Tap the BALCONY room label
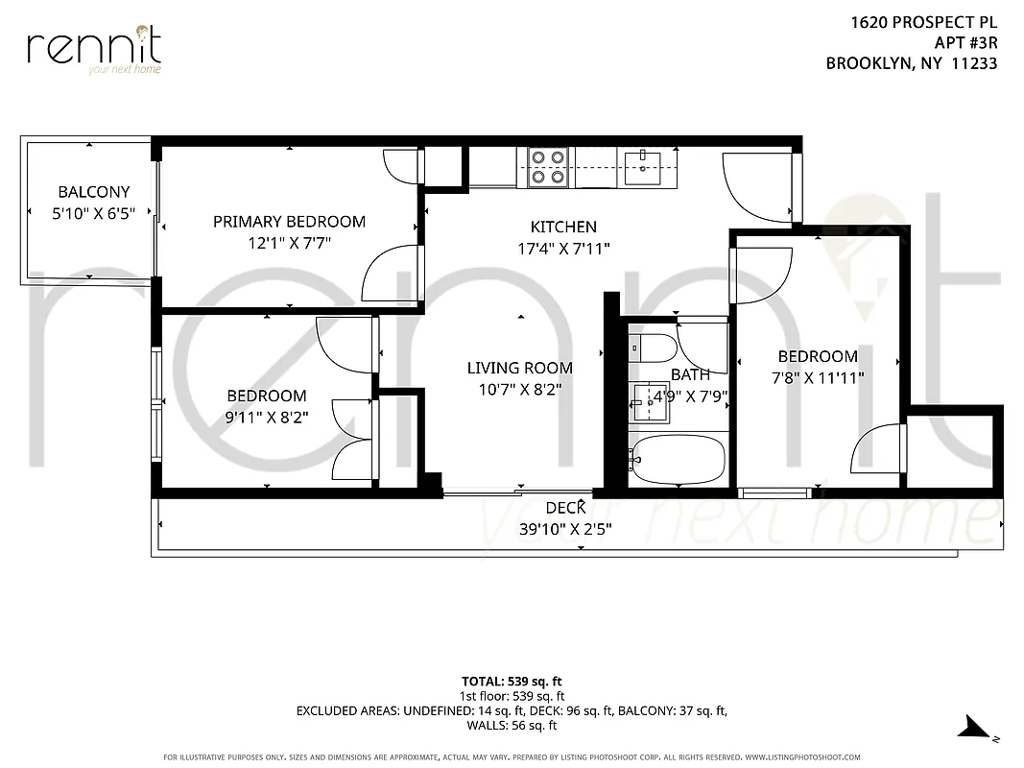pos(93,192)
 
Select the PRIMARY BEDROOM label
pos(289,222)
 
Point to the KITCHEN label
pos(563,228)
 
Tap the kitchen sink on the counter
pos(642,167)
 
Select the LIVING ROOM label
pos(519,368)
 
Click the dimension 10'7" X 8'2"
pos(519,390)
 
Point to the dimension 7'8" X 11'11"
pos(818,378)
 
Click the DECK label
pos(565,509)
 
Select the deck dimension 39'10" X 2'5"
pos(565,529)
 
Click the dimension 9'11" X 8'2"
pos(267,418)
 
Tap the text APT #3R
pos(965,42)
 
